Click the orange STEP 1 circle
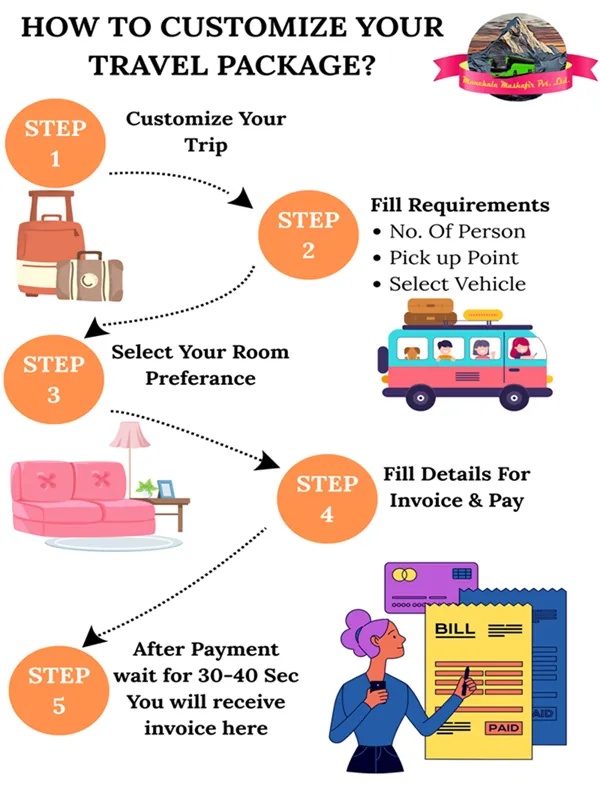56,142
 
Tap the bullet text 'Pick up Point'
454,258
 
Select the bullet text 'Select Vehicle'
457,284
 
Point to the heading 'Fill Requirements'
459,205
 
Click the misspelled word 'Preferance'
200,378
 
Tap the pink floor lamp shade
126,435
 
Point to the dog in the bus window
411,352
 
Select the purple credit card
428,586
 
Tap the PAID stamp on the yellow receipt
502,728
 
